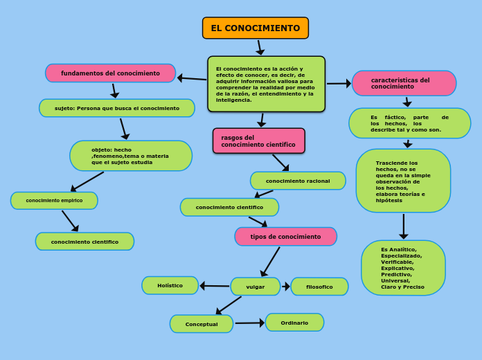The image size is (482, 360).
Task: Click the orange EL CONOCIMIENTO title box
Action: [255, 28]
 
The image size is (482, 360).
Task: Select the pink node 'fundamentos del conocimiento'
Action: [110, 73]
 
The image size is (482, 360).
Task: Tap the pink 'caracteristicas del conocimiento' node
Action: [404, 83]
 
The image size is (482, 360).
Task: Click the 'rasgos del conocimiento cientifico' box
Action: [258, 141]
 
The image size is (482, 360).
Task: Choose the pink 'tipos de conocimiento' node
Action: [285, 237]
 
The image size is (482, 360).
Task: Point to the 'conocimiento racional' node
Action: [298, 181]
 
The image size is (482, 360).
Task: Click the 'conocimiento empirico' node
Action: [54, 201]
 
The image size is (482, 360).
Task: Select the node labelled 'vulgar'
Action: [255, 287]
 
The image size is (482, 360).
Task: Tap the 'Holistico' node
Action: [170, 285]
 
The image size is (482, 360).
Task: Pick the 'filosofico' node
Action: [319, 287]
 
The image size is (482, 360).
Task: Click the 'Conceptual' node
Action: [201, 324]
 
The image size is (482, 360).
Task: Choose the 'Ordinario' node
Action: [294, 323]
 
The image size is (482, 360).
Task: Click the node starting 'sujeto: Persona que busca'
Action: [116, 108]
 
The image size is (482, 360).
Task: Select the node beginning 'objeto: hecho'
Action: [131, 156]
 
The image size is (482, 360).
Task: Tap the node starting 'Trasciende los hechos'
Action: [403, 181]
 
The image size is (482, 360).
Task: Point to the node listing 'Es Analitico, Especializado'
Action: [403, 268]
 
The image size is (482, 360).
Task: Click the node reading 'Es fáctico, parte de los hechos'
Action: [409, 123]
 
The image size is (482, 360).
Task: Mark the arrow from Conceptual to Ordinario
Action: [249, 323]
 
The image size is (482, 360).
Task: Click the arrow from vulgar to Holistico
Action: [215, 286]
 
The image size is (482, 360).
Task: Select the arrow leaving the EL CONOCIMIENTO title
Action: [260, 48]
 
